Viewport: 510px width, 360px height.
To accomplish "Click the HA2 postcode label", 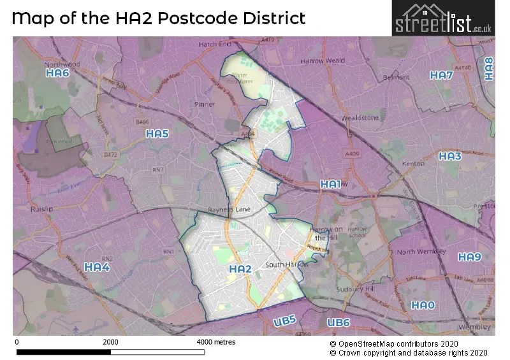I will click(x=240, y=270).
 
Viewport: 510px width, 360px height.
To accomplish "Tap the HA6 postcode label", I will click(x=57, y=74).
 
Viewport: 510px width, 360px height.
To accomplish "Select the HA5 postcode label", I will click(x=157, y=134).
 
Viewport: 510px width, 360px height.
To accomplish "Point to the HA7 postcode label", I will click(x=441, y=75).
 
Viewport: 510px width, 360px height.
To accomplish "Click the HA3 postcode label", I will click(x=450, y=156).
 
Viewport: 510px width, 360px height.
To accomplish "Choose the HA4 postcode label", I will click(x=98, y=267).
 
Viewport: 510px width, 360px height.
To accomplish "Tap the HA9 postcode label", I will click(x=469, y=257).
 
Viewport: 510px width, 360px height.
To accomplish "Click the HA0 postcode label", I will click(x=423, y=305).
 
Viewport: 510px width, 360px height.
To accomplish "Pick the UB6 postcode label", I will click(x=339, y=323).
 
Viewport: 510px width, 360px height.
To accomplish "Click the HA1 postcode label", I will click(x=330, y=184).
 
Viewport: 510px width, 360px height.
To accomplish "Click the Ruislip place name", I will click(x=41, y=208).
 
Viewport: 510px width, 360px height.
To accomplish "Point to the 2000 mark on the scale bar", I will click(x=110, y=342).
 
